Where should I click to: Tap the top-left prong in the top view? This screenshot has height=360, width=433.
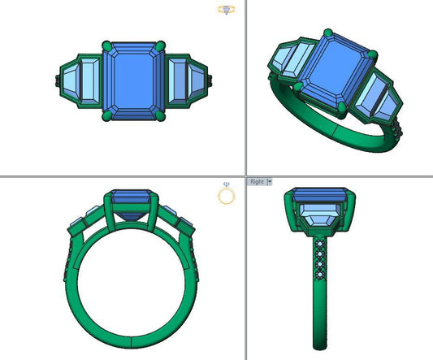pos(106,46)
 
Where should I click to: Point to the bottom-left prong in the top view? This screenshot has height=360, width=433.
pos(106,117)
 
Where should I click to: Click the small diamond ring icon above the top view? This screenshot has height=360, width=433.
pos(227,10)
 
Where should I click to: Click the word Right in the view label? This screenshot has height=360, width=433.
pos(257,182)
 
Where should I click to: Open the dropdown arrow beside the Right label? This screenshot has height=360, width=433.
pos(269,182)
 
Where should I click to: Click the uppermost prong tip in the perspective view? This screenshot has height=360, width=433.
pos(327,33)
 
